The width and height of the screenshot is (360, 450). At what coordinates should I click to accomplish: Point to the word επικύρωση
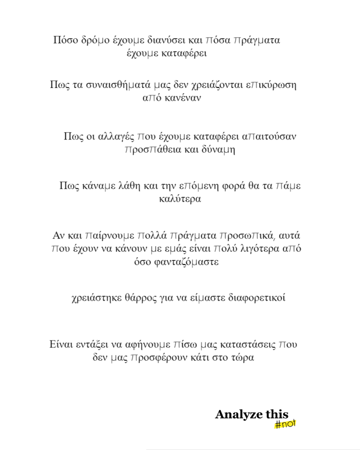[272, 84]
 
